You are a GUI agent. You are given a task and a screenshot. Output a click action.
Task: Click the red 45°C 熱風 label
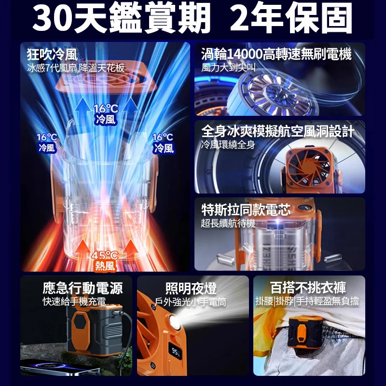coord(105,261)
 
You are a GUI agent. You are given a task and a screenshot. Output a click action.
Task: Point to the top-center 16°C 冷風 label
coord(106,114)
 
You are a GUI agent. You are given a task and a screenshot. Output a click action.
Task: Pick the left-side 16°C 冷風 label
coord(47,143)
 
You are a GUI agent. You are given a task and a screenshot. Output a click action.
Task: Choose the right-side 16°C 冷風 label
coord(163,143)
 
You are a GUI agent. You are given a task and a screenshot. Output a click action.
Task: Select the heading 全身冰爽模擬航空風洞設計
coord(278,131)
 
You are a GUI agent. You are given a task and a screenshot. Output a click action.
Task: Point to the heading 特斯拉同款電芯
coord(246,210)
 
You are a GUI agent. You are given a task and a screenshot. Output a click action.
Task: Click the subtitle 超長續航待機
coord(228,223)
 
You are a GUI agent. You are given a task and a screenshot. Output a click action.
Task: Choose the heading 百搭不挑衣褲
coord(308,289)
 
